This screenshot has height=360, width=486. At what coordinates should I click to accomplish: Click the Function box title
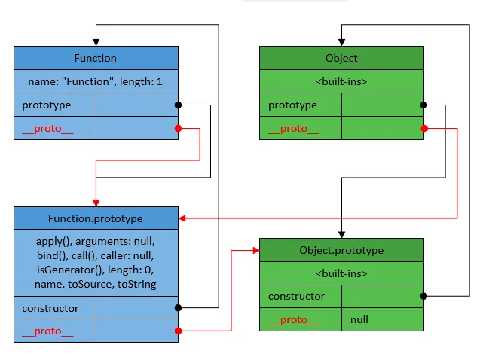(96, 58)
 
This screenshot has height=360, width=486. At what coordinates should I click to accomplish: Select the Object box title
(341, 58)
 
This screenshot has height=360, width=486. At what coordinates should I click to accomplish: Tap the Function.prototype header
(96, 219)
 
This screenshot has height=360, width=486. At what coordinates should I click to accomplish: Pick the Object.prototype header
(341, 250)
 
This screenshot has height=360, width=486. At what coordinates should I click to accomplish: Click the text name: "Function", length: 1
(96, 81)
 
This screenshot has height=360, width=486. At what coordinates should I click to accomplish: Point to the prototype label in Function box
(47, 105)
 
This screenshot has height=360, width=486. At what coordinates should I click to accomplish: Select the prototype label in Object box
(292, 105)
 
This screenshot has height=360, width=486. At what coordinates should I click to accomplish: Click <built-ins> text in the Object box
(341, 81)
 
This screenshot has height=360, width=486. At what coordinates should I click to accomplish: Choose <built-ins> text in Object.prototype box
(341, 273)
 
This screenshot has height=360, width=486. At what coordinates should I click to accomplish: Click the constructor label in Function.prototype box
(50, 308)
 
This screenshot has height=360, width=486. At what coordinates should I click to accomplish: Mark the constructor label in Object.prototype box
(297, 297)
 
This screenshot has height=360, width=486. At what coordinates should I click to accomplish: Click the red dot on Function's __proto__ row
(179, 129)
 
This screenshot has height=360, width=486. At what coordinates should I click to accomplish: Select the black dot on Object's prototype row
(424, 105)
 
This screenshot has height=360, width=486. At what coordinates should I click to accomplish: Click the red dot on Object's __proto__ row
(424, 129)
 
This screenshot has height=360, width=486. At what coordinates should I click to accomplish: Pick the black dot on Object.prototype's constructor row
(424, 296)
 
